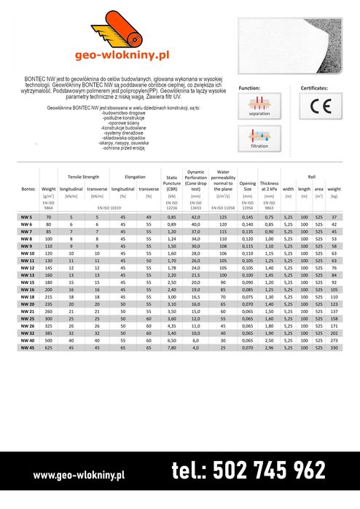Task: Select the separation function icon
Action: pos(259,107)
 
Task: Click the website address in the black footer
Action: pos(79,475)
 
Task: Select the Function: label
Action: pos(249,87)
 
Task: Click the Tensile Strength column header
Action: pos(83,177)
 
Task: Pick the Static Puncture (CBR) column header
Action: pos(172,181)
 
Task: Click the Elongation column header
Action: pos(136,177)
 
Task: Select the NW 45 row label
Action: pos(28,347)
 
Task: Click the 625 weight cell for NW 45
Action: pos(49,347)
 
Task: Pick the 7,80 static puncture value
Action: pos(172,347)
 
